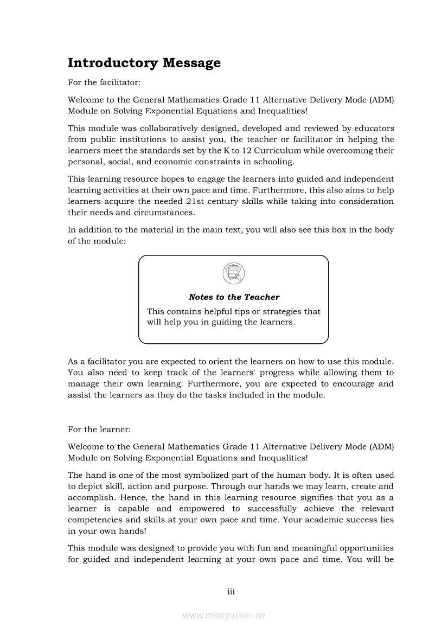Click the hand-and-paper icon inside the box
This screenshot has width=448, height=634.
(234, 273)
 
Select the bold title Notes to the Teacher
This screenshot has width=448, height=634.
(234, 297)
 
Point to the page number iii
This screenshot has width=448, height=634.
(231, 592)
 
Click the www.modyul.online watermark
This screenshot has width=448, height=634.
(224, 616)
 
